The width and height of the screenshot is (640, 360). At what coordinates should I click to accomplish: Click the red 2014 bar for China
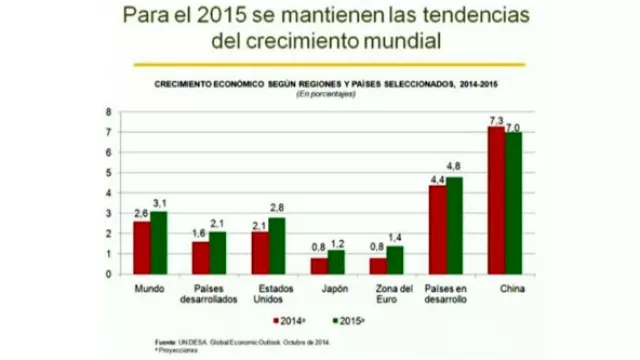tap(496, 201)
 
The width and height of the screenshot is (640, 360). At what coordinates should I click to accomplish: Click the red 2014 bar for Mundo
tap(142, 248)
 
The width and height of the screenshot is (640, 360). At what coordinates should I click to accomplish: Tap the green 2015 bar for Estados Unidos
tap(276, 246)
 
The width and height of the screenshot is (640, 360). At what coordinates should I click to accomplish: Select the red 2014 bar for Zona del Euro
tap(377, 266)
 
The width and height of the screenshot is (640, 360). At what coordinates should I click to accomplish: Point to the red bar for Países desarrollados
tap(201, 258)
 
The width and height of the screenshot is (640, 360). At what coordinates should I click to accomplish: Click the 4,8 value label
tap(453, 165)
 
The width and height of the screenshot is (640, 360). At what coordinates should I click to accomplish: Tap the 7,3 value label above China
tap(494, 119)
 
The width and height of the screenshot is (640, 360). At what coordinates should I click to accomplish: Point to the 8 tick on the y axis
tap(108, 111)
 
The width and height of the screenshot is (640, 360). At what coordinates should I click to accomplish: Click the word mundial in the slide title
tap(384, 41)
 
